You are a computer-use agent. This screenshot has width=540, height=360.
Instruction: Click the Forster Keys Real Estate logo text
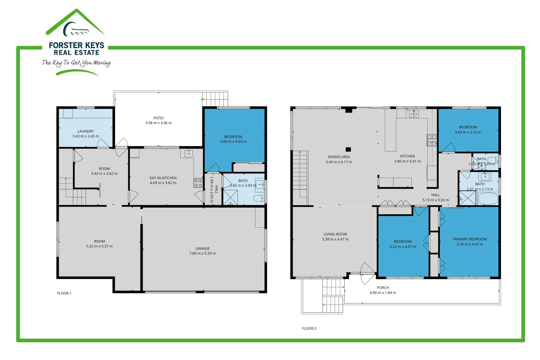point(76,49)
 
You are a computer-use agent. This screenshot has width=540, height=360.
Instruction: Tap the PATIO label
point(158,118)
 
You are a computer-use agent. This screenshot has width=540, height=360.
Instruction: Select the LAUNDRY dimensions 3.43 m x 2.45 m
point(86,136)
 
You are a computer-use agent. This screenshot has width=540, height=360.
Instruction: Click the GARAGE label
point(202,248)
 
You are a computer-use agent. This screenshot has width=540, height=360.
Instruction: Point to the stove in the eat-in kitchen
point(198,183)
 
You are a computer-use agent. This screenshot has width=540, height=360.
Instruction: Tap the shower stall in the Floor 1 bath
point(230,197)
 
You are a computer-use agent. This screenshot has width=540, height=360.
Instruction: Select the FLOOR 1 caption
point(64,293)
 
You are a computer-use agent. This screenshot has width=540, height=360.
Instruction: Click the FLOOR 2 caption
point(309,328)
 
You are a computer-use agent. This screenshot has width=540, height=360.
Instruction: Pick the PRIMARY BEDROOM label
point(469,239)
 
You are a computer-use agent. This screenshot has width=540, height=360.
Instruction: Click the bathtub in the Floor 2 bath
point(488,199)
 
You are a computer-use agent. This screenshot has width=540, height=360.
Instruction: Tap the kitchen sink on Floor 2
point(414,114)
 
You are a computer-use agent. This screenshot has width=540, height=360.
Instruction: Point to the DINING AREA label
point(339,157)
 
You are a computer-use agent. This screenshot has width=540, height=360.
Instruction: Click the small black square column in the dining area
point(348,149)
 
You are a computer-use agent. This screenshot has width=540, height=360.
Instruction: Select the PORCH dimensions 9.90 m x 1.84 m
point(383,293)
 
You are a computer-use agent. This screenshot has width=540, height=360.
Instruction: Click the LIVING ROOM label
point(335,234)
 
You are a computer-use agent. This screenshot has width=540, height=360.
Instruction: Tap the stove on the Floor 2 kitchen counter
point(432,140)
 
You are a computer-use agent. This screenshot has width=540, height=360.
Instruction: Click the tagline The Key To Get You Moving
point(76,63)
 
